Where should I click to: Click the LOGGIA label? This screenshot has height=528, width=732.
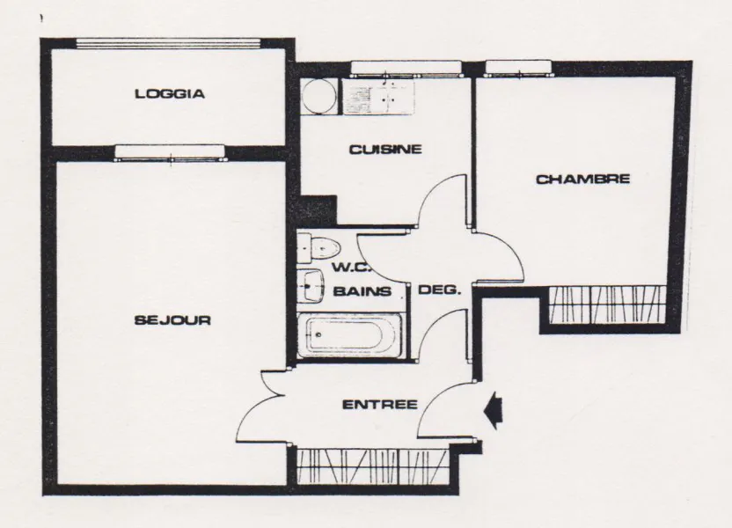[170, 94]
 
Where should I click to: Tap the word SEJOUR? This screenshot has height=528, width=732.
[172, 320]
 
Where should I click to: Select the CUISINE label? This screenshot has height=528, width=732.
[385, 150]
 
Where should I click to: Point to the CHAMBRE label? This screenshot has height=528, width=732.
[582, 179]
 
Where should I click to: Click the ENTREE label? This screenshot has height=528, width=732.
[380, 404]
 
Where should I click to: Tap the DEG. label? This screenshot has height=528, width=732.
[439, 290]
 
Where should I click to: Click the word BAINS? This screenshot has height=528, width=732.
[362, 291]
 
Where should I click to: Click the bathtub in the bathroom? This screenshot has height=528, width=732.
[349, 334]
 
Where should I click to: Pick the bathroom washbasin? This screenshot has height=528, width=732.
[311, 285]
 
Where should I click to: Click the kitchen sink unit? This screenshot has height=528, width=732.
[378, 96]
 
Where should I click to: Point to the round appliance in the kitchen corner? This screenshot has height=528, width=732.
[318, 96]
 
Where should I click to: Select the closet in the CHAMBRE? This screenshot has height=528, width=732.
[607, 304]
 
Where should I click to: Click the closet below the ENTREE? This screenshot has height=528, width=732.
[372, 467]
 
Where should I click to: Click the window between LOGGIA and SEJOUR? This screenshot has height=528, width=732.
[170, 153]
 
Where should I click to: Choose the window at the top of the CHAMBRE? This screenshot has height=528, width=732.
[519, 68]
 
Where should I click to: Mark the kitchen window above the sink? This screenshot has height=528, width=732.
[406, 68]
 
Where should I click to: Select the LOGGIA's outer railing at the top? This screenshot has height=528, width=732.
[168, 43]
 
